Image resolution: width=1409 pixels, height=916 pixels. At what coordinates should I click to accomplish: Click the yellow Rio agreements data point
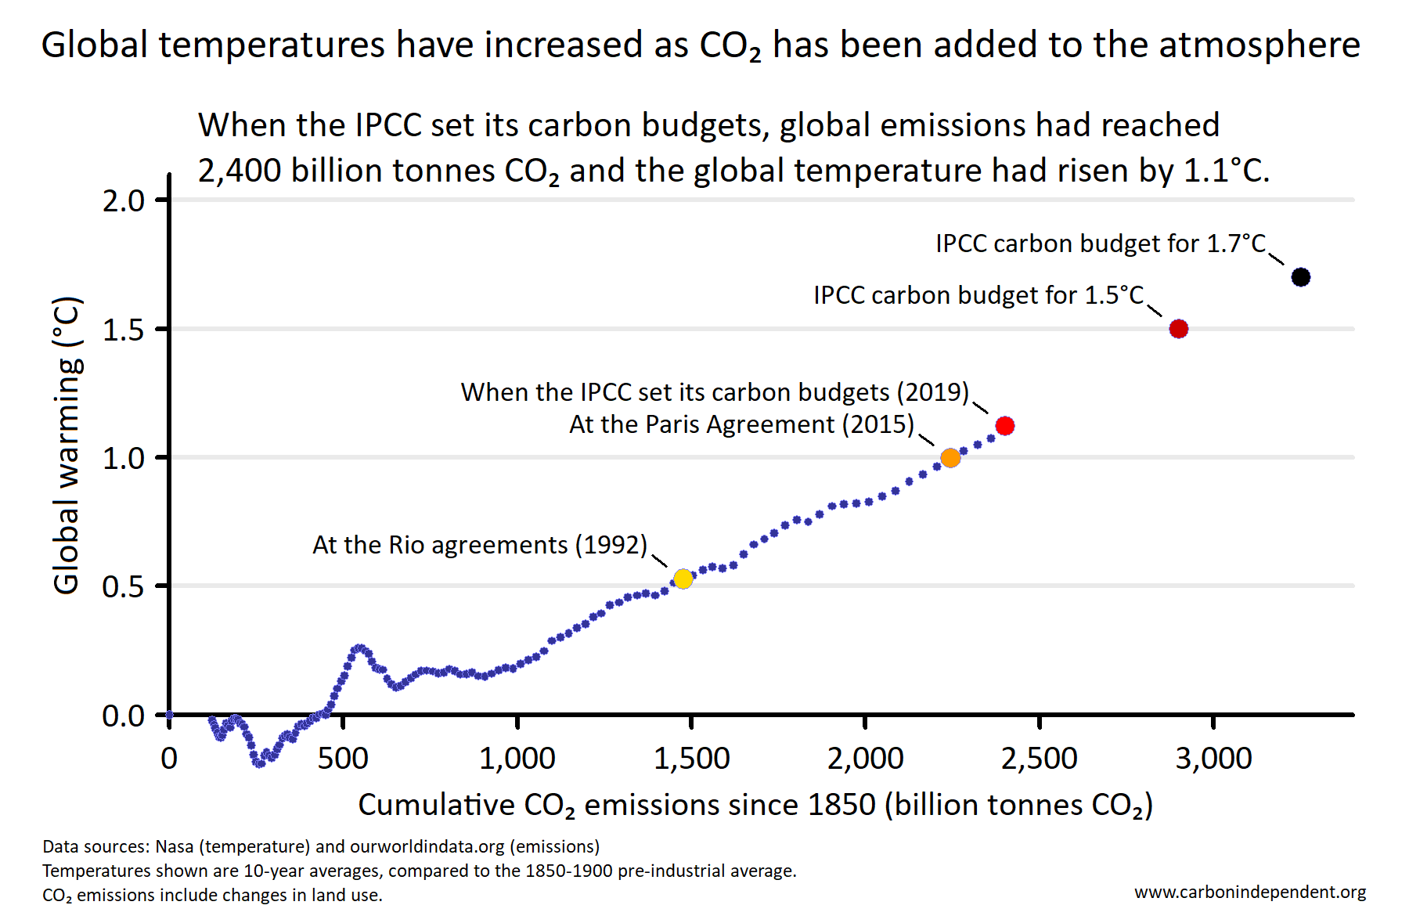point(683,579)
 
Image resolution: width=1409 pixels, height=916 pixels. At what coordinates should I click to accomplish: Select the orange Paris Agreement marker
point(950,458)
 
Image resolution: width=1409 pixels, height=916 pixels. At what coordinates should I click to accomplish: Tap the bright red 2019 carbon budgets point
point(1005,426)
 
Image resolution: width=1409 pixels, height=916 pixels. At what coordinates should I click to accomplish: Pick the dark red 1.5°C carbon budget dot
point(1178,329)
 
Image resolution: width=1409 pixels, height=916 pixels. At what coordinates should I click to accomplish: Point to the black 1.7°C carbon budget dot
point(1300,277)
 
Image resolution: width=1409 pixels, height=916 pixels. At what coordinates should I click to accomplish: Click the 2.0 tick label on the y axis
point(124,201)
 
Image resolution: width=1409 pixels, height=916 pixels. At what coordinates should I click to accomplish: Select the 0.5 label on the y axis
point(124,587)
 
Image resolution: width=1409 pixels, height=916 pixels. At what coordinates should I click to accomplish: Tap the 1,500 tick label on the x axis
point(691,759)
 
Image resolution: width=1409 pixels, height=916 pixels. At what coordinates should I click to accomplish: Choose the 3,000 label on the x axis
point(1213,759)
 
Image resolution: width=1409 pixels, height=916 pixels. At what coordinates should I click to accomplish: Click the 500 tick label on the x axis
point(343,759)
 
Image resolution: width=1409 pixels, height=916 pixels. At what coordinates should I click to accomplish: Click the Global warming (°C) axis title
point(67,445)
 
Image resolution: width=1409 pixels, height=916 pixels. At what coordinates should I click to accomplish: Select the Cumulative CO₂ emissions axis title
point(755,805)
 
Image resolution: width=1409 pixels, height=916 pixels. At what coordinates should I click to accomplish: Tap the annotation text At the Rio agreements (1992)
point(479,545)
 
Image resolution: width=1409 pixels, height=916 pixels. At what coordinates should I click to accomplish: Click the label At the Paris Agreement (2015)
point(741,424)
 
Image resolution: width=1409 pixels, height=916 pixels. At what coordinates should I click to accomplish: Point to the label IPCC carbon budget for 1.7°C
point(1101,243)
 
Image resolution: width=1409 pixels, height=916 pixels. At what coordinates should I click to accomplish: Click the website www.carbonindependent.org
point(1250,892)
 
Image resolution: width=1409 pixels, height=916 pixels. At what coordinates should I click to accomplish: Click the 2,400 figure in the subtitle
point(239,171)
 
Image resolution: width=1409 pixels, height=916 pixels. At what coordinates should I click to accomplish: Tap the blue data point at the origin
point(169,715)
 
